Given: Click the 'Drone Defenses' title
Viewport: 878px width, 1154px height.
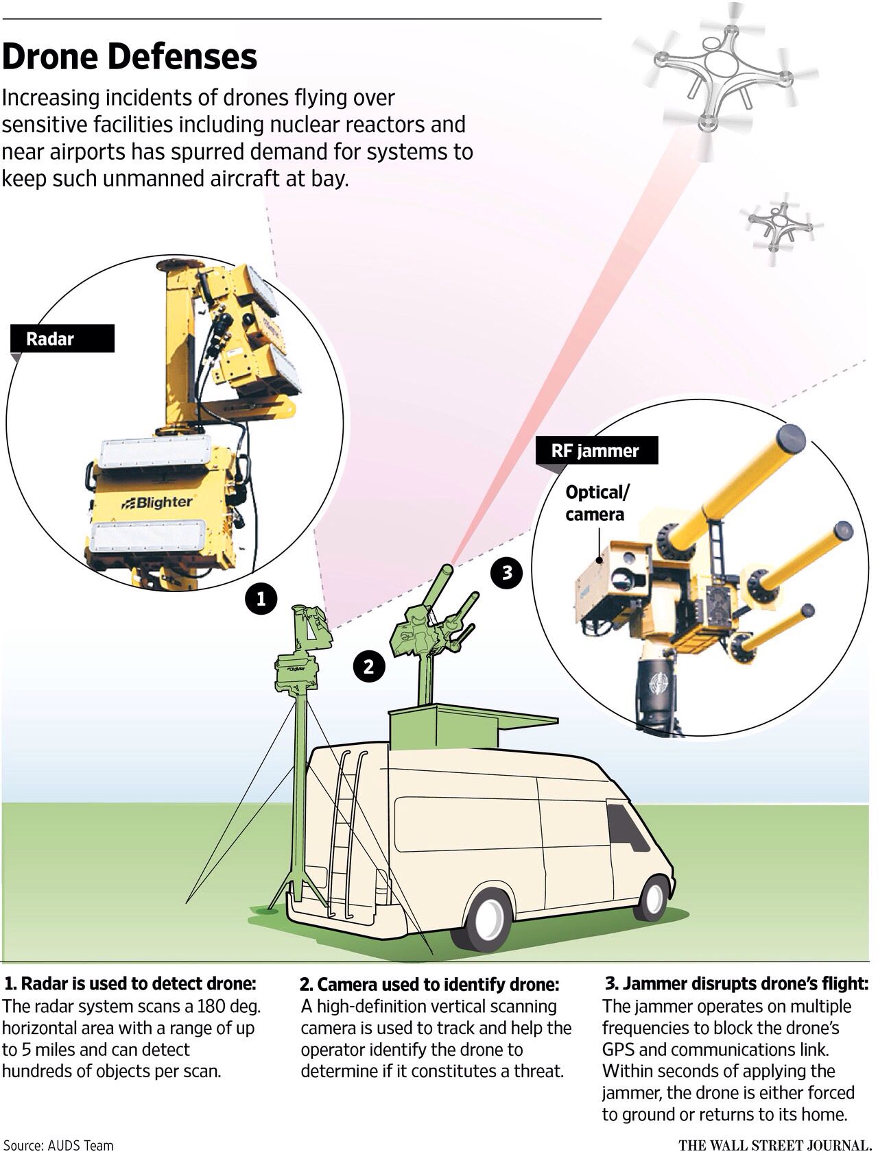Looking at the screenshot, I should [x=130, y=57].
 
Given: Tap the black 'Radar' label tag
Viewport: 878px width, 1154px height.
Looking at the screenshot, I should [x=63, y=339].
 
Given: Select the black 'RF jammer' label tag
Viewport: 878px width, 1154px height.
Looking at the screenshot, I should [x=595, y=451].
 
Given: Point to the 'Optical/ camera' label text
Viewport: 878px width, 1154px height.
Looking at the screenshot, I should [x=596, y=504].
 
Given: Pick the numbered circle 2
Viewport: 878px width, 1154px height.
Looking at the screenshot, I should [x=368, y=665].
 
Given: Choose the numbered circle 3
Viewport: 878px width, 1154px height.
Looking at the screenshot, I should [x=507, y=572].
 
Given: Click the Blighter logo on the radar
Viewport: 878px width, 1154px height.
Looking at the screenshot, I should [x=158, y=502].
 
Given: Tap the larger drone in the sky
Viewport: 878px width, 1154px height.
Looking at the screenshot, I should [x=724, y=72].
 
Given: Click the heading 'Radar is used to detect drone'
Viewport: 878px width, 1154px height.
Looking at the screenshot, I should [x=130, y=984].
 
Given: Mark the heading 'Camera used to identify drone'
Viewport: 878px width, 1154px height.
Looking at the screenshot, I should [x=429, y=985].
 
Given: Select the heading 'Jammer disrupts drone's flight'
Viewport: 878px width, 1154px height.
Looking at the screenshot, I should [x=736, y=983].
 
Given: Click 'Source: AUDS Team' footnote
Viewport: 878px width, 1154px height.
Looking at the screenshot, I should [x=58, y=1145].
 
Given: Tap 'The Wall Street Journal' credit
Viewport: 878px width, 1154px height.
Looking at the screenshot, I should [x=774, y=1145].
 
